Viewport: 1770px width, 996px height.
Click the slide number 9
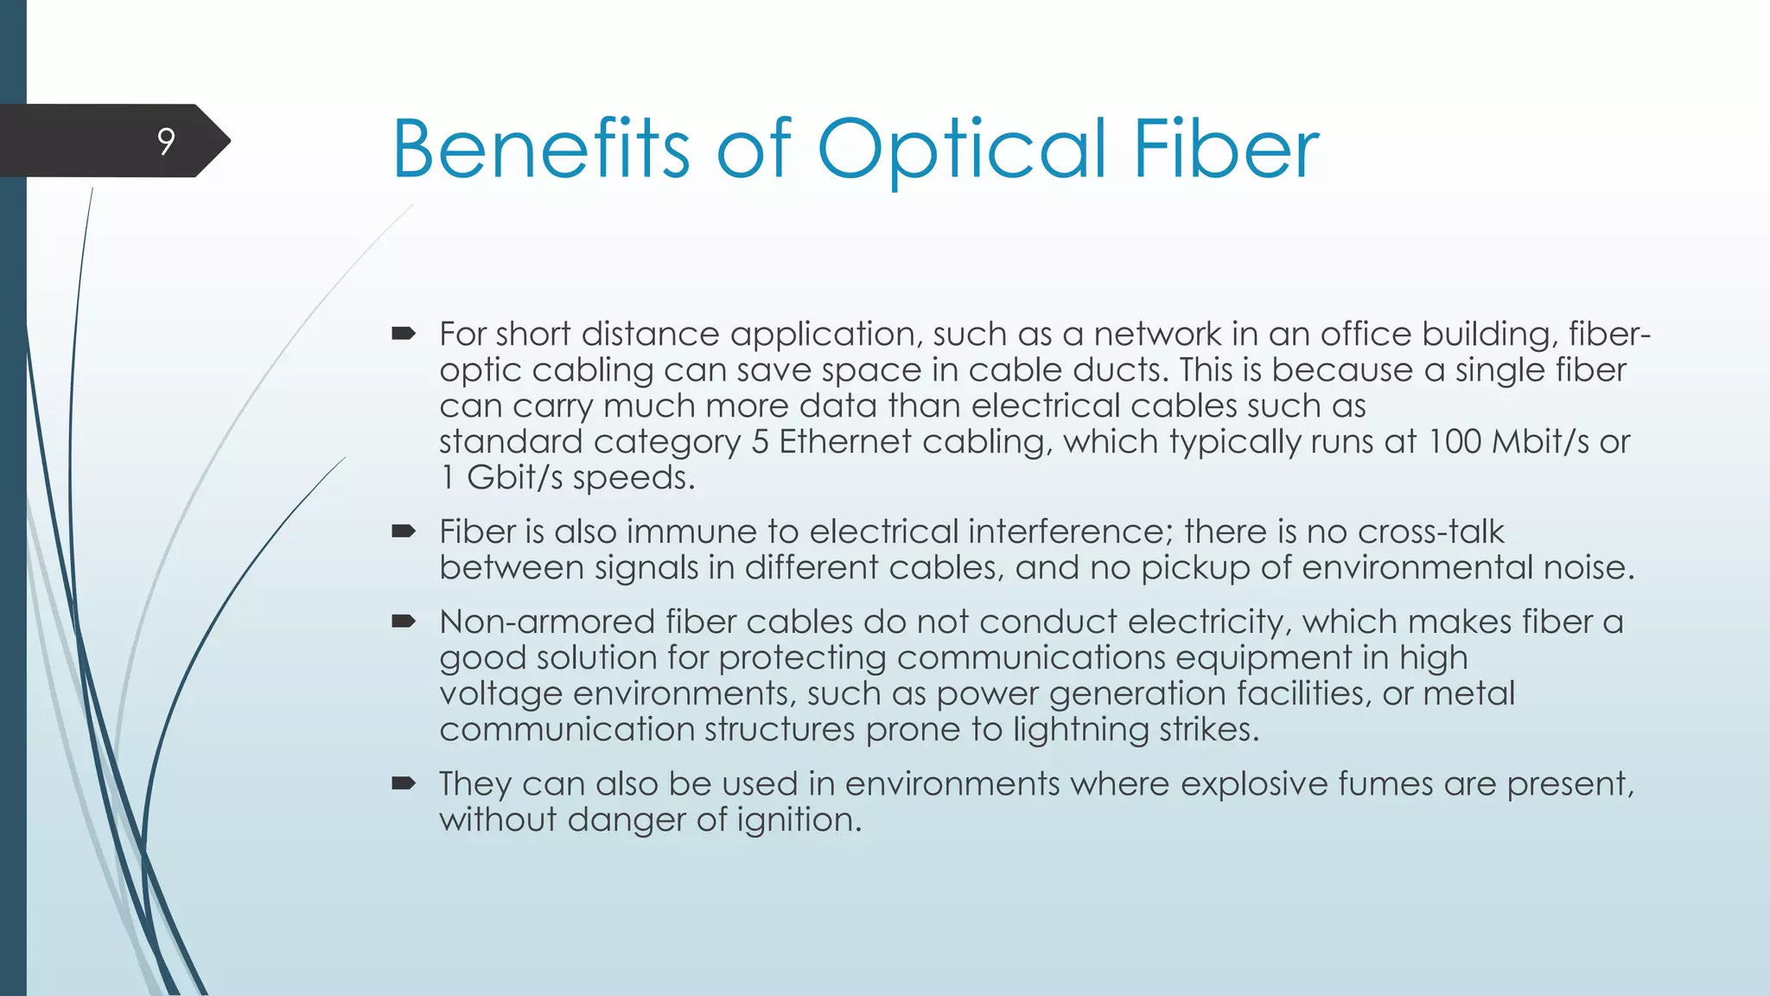click(166, 141)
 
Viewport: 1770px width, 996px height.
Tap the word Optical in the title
click(961, 151)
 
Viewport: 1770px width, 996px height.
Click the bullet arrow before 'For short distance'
click(404, 333)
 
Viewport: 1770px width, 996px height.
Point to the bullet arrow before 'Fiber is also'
click(404, 531)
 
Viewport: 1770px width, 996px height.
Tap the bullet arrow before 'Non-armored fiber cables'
click(404, 621)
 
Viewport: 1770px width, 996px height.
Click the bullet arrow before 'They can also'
click(404, 783)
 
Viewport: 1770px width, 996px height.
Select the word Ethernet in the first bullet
click(844, 442)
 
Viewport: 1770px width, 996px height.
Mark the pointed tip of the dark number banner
click(229, 141)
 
